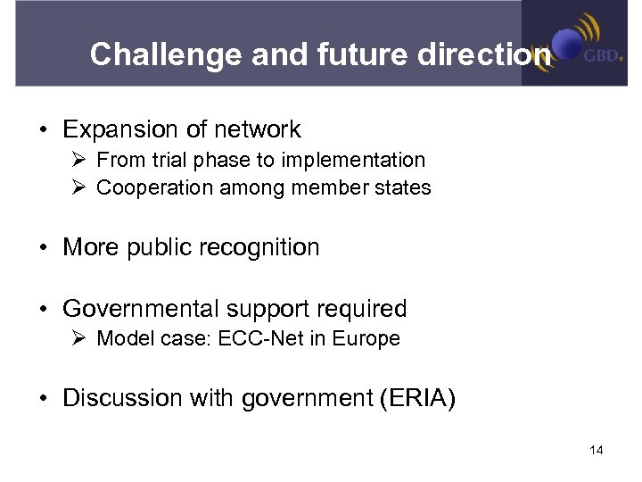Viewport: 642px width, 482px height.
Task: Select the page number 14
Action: pos(597,451)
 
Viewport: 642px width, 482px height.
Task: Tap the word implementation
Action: pos(361,161)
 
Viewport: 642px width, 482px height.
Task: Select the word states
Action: pos(407,188)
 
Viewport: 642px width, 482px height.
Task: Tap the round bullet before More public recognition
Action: pos(44,248)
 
